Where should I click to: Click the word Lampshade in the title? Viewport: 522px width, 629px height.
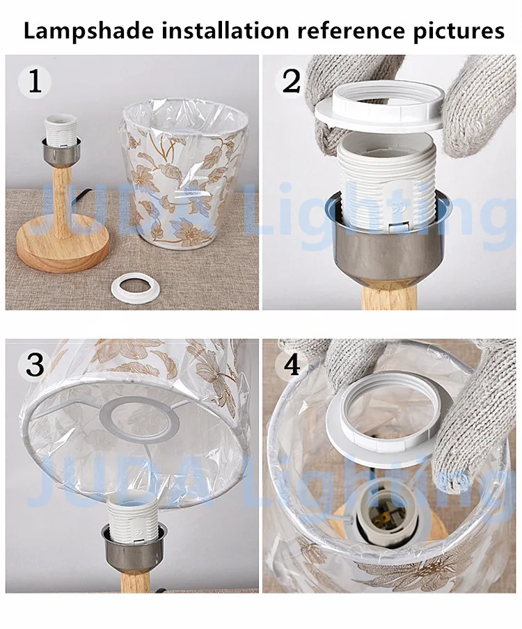click(88, 31)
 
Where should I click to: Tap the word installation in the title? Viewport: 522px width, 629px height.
click(225, 30)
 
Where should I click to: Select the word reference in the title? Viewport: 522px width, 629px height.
click(351, 31)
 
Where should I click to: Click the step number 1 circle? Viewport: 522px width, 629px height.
click(35, 82)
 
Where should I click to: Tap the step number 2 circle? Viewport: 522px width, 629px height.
click(292, 82)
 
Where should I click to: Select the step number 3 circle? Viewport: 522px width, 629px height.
click(35, 365)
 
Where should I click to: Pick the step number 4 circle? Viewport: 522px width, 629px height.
click(292, 365)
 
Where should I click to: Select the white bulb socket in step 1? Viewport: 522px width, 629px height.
click(61, 132)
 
